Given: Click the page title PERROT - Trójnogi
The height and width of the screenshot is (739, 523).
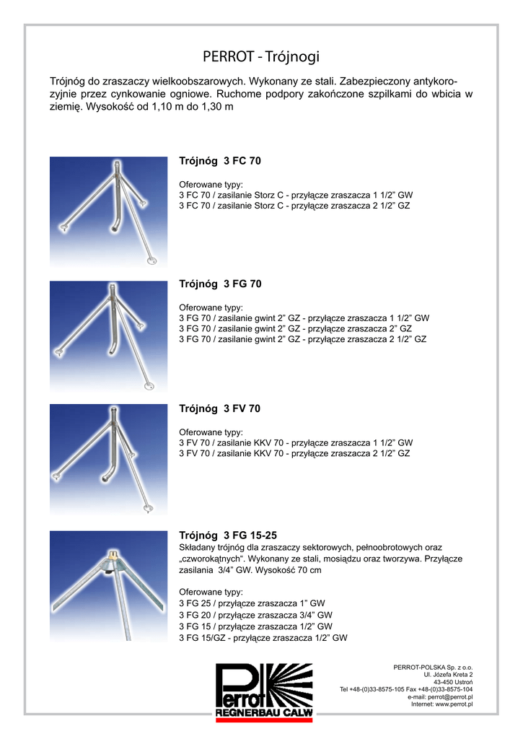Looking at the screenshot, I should click(260, 56).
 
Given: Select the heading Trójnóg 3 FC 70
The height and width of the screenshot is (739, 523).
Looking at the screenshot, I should click(219, 161).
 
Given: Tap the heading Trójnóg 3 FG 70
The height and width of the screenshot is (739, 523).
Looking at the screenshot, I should click(219, 284).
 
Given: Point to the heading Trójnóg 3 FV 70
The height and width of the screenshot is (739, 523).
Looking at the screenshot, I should click(219, 408).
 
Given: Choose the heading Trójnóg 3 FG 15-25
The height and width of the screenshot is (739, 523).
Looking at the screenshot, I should click(227, 535).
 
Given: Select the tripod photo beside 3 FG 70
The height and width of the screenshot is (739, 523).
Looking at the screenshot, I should click(108, 336).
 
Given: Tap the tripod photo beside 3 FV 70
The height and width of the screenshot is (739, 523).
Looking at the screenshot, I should click(108, 460).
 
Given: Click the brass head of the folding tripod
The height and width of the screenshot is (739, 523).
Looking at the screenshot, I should click(112, 557).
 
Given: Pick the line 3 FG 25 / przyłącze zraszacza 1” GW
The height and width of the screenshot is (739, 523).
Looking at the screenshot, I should click(252, 603).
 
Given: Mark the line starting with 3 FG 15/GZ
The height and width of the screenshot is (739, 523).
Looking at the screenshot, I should click(263, 638).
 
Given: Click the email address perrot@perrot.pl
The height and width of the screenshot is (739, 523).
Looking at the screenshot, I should click(449, 696).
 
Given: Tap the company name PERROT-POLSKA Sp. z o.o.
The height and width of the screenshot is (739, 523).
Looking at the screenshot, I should click(433, 667).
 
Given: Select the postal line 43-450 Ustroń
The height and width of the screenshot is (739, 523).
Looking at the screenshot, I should click(453, 681).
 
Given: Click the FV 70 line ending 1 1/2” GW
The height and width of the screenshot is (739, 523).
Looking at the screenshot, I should click(295, 442).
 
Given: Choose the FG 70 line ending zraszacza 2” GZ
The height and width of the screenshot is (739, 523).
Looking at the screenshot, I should click(295, 328).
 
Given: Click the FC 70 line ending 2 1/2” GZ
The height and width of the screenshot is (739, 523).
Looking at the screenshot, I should click(294, 206).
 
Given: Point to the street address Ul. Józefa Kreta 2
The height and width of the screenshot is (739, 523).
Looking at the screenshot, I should click(448, 674).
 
